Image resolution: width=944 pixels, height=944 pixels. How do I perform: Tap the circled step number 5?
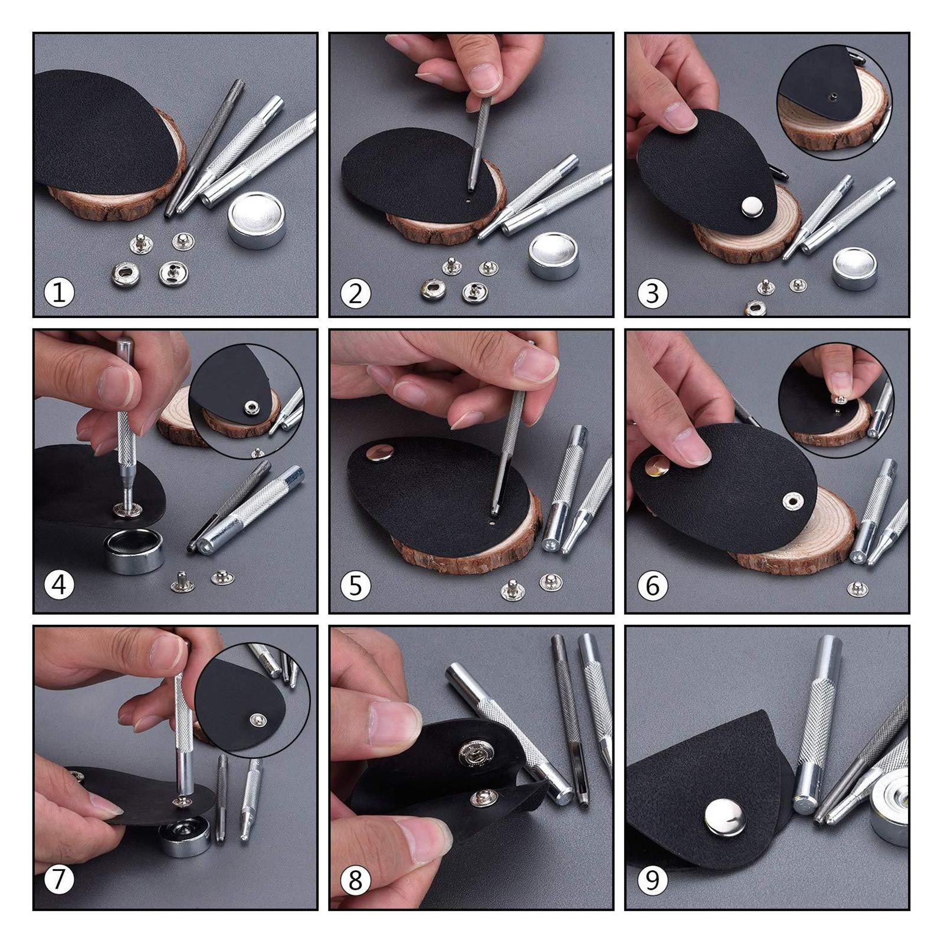tap(355, 586)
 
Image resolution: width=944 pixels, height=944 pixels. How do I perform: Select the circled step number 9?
tap(652, 880)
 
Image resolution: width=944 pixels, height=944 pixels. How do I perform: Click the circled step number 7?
tap(59, 880)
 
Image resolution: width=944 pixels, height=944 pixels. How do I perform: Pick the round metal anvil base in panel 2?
tap(553, 255)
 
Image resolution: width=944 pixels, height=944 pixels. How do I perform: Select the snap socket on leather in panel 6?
tap(792, 502)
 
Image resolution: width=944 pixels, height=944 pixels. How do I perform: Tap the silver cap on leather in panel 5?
tap(379, 453)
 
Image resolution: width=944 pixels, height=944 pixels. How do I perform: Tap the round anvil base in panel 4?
tap(135, 550)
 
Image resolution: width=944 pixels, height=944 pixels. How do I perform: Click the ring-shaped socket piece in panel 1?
tap(125, 273)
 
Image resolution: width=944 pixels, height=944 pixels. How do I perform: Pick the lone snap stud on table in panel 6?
tap(857, 588)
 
